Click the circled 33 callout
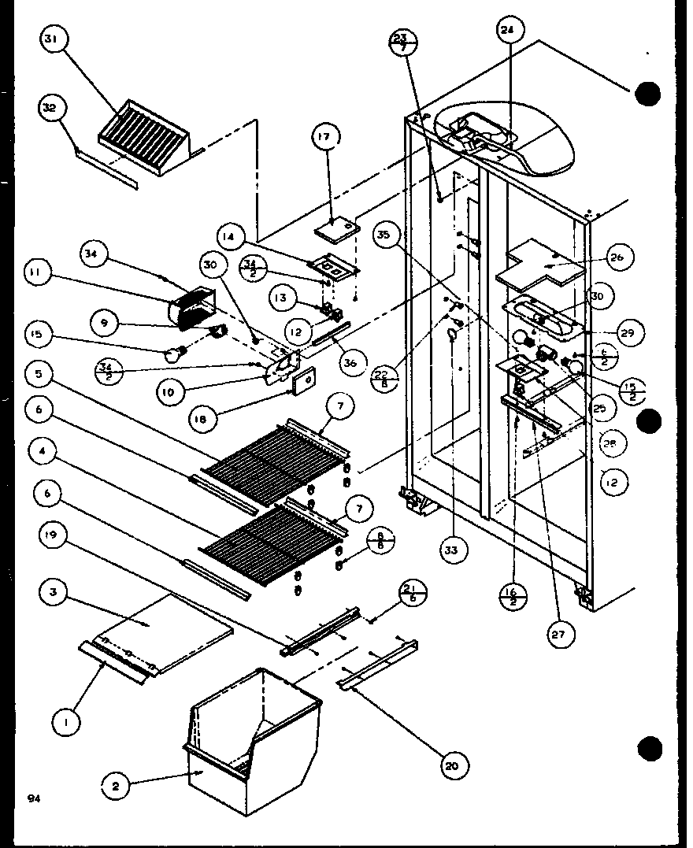coord(450,550)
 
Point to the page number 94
coord(33,798)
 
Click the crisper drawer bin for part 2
coord(252,724)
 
